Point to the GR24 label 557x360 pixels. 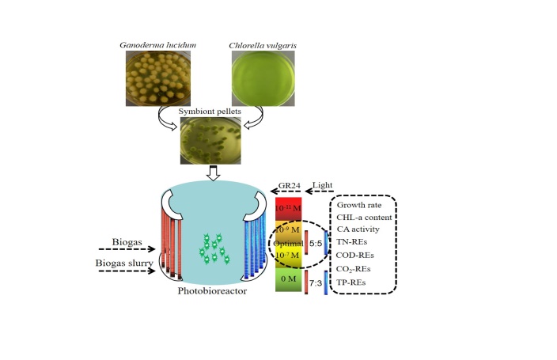tap(290, 189)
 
